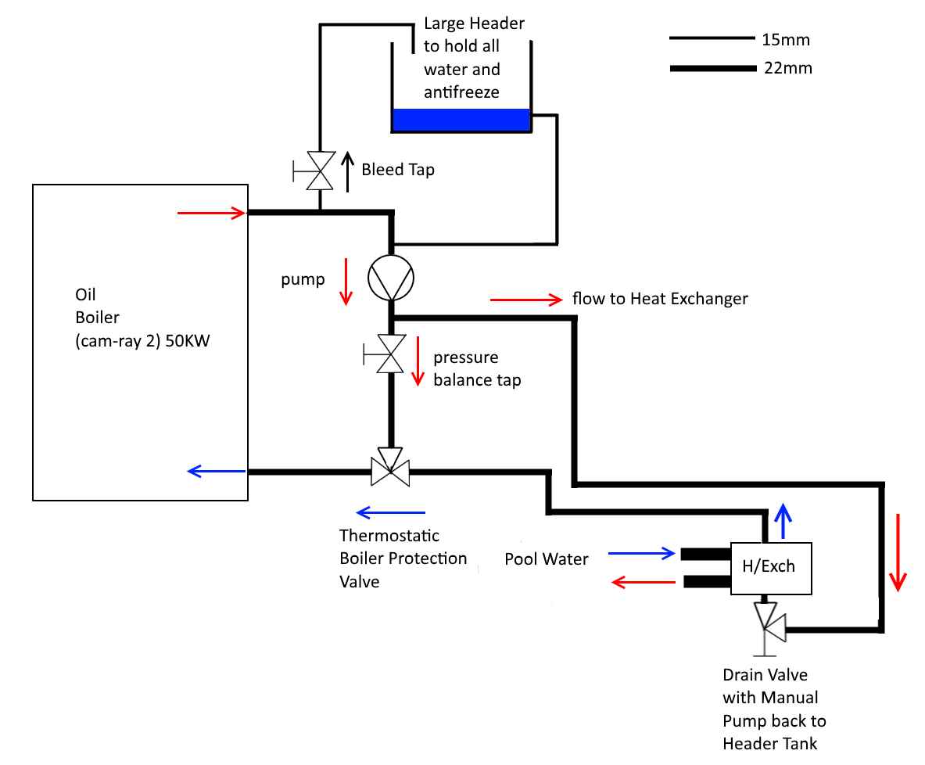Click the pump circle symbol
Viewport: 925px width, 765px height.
(x=391, y=277)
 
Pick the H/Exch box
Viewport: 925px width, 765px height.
(x=771, y=567)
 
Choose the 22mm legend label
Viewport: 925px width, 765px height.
(x=788, y=68)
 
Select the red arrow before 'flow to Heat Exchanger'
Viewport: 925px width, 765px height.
(x=526, y=299)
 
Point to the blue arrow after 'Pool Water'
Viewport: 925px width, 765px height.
(x=641, y=554)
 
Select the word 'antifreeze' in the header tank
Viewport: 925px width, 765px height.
(x=461, y=92)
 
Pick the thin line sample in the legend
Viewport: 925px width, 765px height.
(x=710, y=38)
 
